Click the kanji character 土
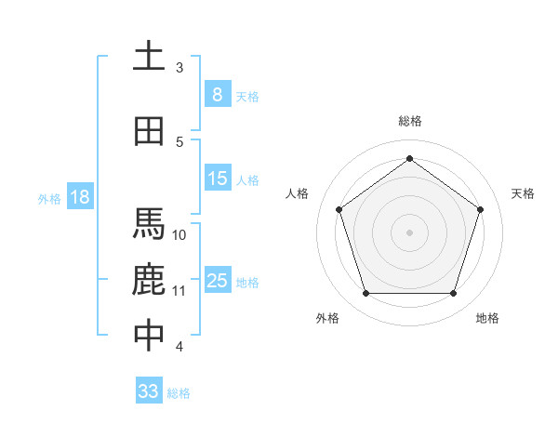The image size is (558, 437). point(150,57)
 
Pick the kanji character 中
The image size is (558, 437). point(150,336)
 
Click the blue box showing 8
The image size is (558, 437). point(217,94)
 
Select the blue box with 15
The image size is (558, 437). point(217,179)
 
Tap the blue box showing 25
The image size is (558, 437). point(217,281)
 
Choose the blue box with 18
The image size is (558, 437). point(79,197)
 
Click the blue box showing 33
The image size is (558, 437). point(149,391)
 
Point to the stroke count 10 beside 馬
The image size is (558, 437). point(180,234)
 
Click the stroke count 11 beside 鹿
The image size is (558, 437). point(180,290)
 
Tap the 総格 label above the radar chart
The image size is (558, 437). point(410,122)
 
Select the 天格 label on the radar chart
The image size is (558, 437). point(523,193)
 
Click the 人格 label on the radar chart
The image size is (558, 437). point(298,193)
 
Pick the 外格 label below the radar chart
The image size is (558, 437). point(327,318)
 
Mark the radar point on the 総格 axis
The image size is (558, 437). point(409,159)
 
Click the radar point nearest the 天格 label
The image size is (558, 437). point(480,209)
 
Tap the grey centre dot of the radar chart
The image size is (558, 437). point(409,232)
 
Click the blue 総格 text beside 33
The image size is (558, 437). point(179,393)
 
